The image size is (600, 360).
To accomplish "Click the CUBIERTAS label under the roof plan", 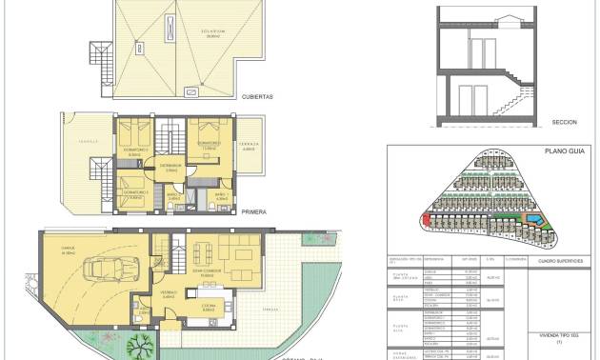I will click(x=259, y=96).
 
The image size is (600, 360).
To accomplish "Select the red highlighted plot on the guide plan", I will click(x=427, y=221).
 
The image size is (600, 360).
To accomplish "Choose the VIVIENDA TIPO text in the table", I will click(x=560, y=335).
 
